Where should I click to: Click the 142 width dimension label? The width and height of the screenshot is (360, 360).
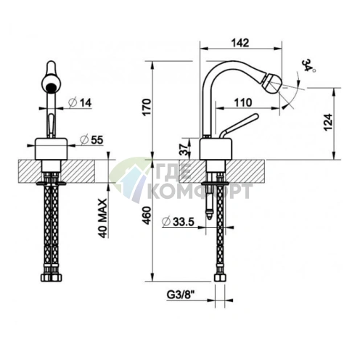pos(240,43)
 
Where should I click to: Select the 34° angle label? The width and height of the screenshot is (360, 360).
pos(308,65)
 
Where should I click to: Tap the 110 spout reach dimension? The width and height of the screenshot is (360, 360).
pos(243,102)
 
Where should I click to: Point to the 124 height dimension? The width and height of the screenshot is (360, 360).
pos(328,122)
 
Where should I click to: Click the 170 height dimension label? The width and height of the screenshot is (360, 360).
pos(147,107)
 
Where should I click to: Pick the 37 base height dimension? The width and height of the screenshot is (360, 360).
pos(184,150)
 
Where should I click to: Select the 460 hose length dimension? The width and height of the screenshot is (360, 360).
pos(147,216)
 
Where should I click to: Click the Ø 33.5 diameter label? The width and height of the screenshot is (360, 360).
pos(179,221)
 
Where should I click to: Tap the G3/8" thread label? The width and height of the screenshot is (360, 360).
pos(181,295)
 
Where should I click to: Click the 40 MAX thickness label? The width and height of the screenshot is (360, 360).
pos(102,218)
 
